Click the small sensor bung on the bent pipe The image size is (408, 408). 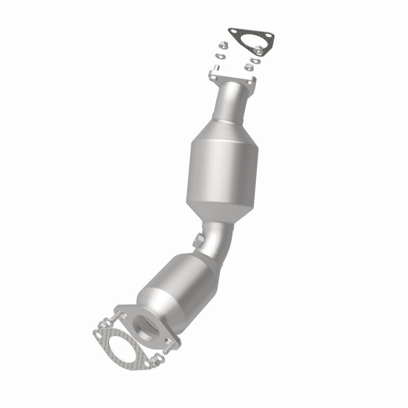[197, 238]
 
